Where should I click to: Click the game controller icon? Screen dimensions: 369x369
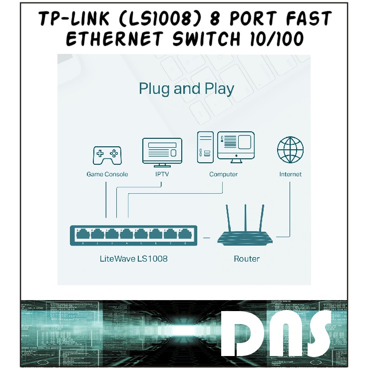106,155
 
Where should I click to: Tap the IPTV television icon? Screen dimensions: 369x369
162,152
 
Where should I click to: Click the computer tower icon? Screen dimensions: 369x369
205,147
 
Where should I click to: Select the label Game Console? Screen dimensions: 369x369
107,174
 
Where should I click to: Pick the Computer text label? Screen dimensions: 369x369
223,174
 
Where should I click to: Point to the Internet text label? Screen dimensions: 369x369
291,174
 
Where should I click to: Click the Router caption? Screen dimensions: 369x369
247,259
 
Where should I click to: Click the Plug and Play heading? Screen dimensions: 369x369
186,89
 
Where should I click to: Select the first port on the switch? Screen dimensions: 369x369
82,234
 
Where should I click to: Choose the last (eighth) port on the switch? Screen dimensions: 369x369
185,234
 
